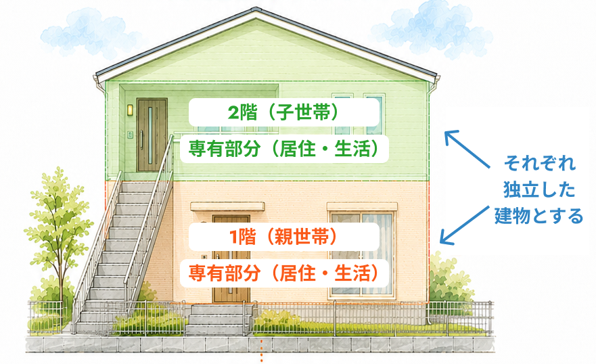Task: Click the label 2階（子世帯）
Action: pos(283,112)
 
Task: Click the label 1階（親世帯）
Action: pos(283,237)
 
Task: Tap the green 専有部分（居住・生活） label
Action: pos(284,149)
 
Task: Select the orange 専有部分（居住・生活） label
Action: pos(284,273)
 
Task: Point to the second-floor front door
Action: pos(152,135)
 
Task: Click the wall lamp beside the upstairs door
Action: pos(130,110)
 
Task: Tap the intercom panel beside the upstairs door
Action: pos(130,134)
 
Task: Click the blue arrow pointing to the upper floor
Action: pos(467,149)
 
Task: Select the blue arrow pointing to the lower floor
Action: pos(465,225)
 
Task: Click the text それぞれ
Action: pos(539,163)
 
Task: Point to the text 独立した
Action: pos(539,189)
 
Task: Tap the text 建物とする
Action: pos(538,216)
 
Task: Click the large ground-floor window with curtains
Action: pos(361,254)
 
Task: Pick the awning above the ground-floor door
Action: pos(227,206)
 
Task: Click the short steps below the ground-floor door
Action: pos(219,319)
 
